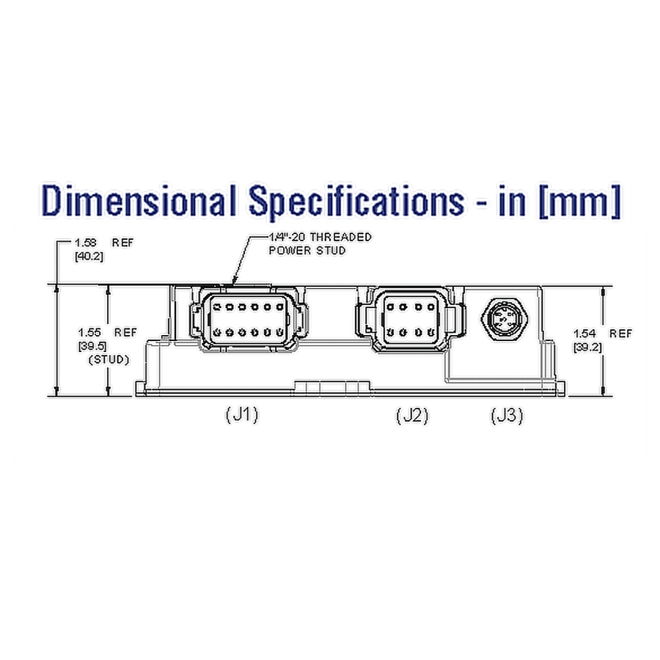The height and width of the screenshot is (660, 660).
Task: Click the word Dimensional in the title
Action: click(139, 202)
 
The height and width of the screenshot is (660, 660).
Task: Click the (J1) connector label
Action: click(241, 416)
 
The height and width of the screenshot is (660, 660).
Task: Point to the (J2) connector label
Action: click(411, 416)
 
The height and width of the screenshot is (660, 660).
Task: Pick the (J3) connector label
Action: click(507, 416)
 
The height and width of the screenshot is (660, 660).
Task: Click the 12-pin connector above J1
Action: click(248, 320)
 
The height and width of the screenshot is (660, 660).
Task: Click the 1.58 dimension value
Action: click(85, 241)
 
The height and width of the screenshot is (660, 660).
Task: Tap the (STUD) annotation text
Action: click(109, 360)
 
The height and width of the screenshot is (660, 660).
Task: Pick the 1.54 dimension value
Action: click(587, 334)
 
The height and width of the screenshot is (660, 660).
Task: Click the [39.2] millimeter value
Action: click(588, 347)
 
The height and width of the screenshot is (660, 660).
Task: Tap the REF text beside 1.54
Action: click(620, 334)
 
